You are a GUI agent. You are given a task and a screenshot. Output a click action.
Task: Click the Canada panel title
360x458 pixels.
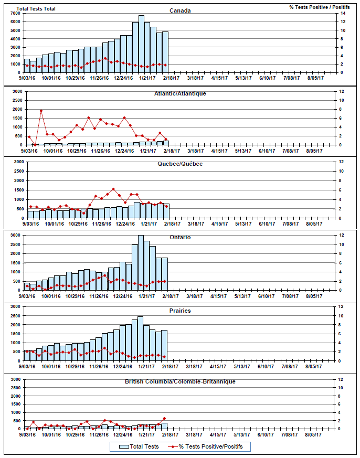pos(180,10)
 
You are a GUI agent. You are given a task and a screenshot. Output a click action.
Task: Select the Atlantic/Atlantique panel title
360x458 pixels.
pos(180,93)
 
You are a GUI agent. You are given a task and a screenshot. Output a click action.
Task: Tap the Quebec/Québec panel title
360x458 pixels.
pos(180,164)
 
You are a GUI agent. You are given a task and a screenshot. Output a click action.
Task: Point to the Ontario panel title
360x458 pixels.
pos(180,237)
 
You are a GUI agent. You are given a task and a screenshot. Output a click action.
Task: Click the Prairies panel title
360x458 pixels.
pos(180,311)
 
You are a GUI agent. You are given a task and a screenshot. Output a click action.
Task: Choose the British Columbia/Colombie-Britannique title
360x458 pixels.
pos(180,381)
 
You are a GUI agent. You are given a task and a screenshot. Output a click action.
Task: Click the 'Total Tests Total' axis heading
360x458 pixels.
pos(36,9)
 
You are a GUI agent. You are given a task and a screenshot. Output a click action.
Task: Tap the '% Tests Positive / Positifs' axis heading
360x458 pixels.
pos(319,7)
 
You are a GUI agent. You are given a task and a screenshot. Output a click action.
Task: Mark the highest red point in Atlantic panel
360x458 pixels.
pos(41,111)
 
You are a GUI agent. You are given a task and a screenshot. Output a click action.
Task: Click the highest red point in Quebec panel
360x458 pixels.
pos(113,189)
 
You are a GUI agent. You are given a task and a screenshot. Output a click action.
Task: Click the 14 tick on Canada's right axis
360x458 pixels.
pos(342,13)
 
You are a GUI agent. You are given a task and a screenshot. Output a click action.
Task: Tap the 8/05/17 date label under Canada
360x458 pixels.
pos(315,78)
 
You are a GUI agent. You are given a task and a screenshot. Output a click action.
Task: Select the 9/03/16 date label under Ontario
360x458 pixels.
pos(28,296)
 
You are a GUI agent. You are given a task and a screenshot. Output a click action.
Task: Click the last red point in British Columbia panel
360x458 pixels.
pos(164,419)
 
